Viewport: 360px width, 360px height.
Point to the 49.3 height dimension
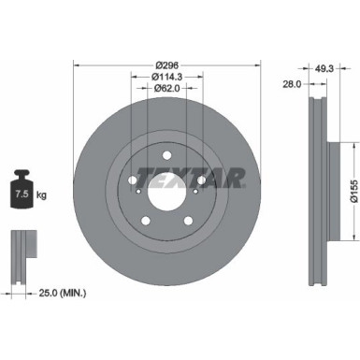tap(324, 67)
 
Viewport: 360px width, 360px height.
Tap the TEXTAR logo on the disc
tap(192, 176)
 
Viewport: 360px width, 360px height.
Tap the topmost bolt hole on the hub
tap(166, 155)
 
